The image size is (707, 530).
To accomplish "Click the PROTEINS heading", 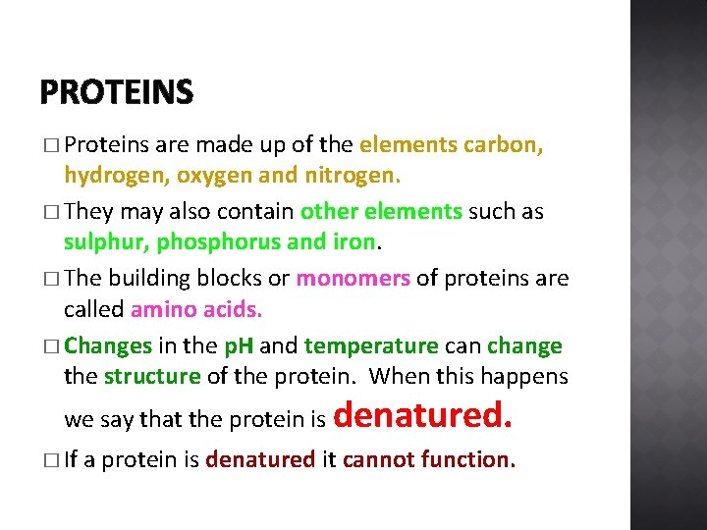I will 117,93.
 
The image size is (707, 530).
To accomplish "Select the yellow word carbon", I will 506,145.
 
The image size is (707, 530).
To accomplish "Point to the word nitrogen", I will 351,178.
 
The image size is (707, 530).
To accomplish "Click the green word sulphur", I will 105,243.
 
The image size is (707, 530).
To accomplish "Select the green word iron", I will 353,243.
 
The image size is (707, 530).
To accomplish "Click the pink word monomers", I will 353,279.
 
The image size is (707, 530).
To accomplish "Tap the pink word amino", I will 163,310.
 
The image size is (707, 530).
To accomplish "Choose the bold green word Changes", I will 108,346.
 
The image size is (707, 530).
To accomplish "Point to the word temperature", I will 370,346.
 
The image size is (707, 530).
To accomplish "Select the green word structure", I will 151,377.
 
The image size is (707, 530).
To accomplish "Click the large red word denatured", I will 423,416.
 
